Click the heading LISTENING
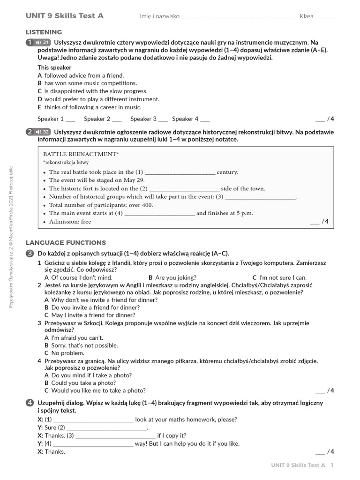(44, 32)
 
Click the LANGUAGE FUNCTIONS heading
(66, 243)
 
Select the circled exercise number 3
(30, 254)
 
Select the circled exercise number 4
(30, 403)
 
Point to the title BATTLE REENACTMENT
(81, 154)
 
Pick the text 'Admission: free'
(70, 222)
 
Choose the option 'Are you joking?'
(175, 277)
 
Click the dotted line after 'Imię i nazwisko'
(237, 17)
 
